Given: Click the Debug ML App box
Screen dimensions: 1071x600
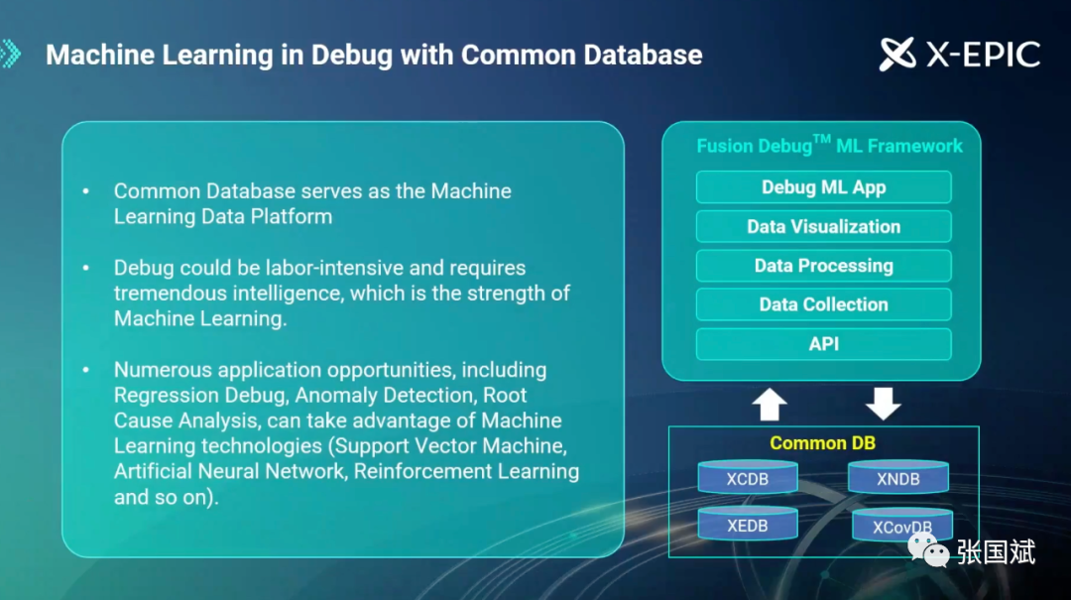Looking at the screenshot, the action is [x=824, y=187].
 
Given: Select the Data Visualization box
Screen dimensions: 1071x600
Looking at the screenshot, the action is [x=824, y=226].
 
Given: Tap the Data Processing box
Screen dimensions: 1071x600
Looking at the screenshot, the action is [x=824, y=265].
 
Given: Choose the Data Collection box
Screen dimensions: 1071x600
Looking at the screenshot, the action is [x=824, y=304].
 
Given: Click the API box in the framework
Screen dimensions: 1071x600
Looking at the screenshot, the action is [x=824, y=344].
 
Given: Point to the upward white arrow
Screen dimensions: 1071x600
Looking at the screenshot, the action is [x=770, y=404].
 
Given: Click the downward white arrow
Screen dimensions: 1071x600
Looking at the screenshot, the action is [x=884, y=404].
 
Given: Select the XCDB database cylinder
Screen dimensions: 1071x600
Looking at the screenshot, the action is [x=748, y=477].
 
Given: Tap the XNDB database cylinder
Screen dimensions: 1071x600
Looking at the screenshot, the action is [x=898, y=477].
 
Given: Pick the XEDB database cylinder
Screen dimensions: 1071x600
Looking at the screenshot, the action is [x=748, y=525].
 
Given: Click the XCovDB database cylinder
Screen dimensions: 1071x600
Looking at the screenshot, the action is [x=902, y=526].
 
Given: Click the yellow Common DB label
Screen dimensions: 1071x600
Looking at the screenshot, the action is [x=822, y=443].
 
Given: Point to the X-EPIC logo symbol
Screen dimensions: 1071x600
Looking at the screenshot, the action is [x=897, y=54].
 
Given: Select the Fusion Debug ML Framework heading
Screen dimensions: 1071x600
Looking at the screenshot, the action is [x=829, y=144].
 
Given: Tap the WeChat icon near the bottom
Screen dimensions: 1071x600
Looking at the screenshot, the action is [x=928, y=550].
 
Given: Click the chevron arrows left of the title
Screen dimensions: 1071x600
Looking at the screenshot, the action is [x=10, y=54].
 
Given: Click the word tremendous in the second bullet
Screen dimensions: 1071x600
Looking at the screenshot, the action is [x=171, y=294].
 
